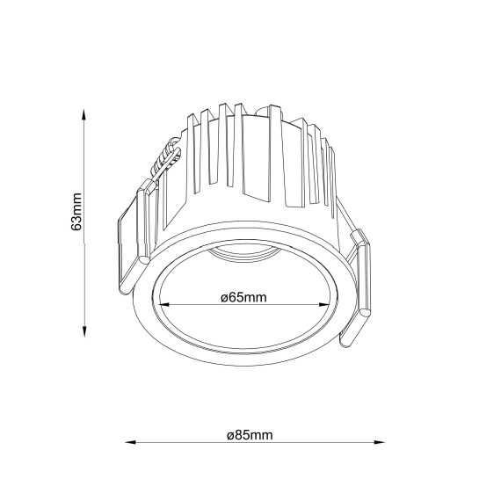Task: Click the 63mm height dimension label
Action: tap(76, 212)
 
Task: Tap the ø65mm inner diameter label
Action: tap(243, 298)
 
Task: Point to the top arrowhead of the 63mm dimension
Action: tap(83, 114)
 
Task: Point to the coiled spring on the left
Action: tap(163, 163)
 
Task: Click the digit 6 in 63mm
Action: tap(76, 226)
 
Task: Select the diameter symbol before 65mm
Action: tap(224, 298)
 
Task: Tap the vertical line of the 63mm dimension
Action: tap(83, 264)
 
